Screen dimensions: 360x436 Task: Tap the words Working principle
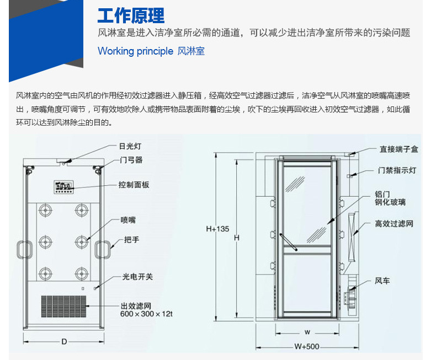pyautogui.click(x=135, y=51)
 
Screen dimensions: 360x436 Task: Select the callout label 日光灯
pyautogui.click(x=130, y=147)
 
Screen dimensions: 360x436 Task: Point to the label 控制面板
pyautogui.click(x=134, y=185)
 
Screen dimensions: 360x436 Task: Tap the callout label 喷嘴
pyautogui.click(x=128, y=220)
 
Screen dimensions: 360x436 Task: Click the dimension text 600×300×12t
pyautogui.click(x=147, y=314)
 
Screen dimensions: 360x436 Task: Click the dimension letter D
pyautogui.click(x=64, y=342)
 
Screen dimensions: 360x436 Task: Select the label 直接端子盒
pyautogui.click(x=398, y=149)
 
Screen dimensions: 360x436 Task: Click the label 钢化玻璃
pyautogui.click(x=390, y=202)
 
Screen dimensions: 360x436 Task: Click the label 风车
pyautogui.click(x=382, y=281)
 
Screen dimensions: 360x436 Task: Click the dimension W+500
pyautogui.click(x=307, y=347)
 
